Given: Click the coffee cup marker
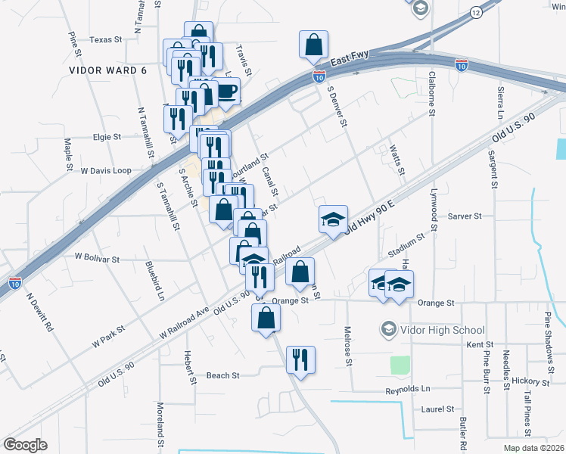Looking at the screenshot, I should click(x=226, y=91).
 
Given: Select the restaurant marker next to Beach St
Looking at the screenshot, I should click(x=300, y=359).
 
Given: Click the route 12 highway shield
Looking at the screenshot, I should click(x=474, y=13).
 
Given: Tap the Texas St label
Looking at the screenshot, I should click(x=105, y=39).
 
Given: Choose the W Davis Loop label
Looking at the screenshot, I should click(x=106, y=170).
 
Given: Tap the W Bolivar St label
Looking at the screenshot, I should click(x=97, y=259).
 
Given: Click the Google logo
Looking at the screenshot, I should click(x=25, y=445).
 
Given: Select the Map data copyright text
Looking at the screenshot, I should click(x=533, y=448).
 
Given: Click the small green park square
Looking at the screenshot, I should click(x=400, y=365).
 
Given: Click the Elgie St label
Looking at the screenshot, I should click(x=107, y=137).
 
